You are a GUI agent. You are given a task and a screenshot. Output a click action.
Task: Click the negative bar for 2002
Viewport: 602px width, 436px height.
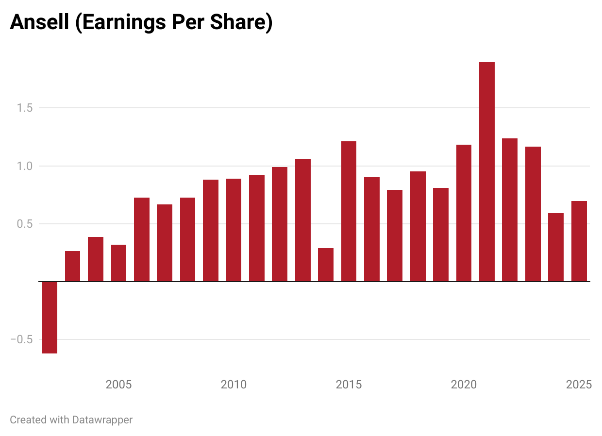coord(50,318)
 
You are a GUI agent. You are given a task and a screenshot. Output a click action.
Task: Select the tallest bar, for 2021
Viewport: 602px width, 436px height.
coord(487,172)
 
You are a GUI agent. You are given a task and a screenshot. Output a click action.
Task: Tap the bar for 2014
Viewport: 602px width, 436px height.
coord(326,265)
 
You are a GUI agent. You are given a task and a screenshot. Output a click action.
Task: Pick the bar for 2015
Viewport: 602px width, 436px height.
coord(349,211)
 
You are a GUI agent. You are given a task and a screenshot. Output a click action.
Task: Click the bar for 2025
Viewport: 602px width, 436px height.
coord(579,241)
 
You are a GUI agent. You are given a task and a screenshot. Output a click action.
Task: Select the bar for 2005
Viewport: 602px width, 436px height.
coord(118,263)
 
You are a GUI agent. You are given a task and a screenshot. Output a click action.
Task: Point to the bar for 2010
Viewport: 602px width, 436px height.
coord(234,230)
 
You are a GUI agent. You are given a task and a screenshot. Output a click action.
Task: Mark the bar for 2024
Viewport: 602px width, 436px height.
coord(556,247)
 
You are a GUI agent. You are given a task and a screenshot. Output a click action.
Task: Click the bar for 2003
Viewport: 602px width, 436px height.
coord(72,266)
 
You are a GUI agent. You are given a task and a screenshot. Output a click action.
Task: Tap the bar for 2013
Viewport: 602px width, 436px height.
coord(303,220)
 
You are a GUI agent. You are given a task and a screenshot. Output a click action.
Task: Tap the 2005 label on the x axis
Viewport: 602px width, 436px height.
coord(118,385)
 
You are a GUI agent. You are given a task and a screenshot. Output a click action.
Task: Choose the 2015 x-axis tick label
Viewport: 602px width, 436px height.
coord(349,385)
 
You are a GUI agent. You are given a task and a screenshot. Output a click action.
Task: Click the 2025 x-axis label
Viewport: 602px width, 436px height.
coord(579,385)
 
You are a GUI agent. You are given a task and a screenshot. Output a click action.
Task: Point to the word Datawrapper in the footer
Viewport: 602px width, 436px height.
coord(102,419)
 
